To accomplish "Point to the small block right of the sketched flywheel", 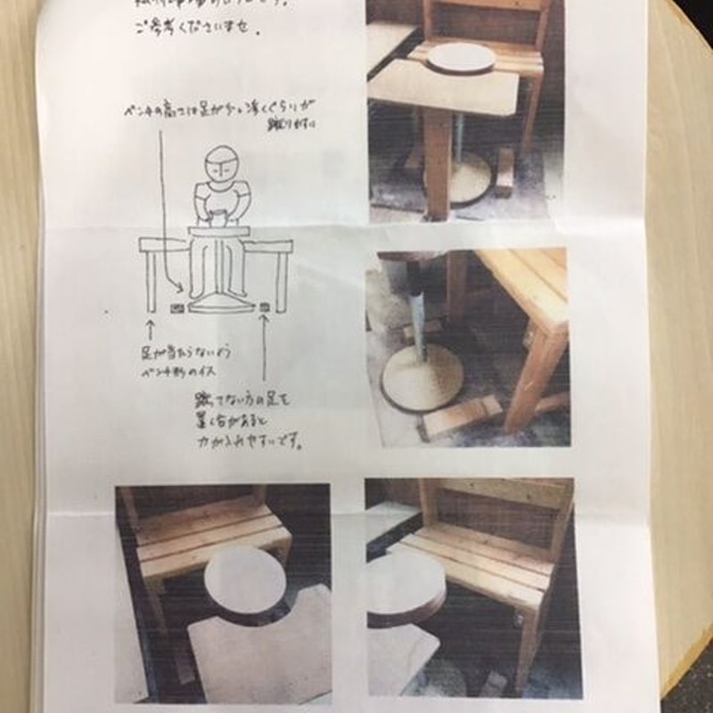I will (266, 307).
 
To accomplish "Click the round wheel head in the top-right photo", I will (461, 57).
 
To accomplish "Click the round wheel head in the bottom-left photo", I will (244, 580).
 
